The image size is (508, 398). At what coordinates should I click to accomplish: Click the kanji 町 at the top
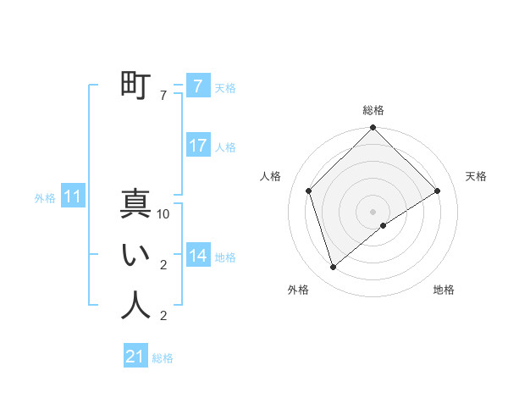pos(135,86)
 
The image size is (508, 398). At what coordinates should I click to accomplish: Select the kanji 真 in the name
pos(135,204)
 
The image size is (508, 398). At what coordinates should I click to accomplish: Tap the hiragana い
pos(135,255)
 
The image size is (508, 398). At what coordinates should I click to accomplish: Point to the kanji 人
pos(135,306)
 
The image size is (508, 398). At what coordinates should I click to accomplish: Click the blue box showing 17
pos(197,146)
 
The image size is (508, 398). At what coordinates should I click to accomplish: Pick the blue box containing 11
pos(73,197)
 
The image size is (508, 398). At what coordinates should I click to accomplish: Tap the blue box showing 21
pos(135,357)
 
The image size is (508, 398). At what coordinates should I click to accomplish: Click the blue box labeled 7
pos(197,86)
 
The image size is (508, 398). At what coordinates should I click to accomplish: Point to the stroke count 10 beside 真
pos(163,215)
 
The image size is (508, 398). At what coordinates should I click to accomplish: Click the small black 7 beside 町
pos(163,97)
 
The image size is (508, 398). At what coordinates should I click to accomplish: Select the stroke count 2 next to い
pos(163,266)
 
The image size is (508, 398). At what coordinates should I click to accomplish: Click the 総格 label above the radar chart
pos(373,111)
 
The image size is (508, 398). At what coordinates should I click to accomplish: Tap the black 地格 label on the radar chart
pos(444,290)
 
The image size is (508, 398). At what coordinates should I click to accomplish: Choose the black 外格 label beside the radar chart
pos(298,290)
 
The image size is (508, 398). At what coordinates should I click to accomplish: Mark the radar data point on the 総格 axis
pos(373,129)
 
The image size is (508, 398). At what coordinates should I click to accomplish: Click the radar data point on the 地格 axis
pos(384,225)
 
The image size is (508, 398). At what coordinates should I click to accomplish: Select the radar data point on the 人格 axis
pos(309,191)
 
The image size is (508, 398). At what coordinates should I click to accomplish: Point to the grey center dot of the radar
pos(373,211)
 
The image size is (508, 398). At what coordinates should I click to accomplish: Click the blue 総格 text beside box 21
pos(163,358)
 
